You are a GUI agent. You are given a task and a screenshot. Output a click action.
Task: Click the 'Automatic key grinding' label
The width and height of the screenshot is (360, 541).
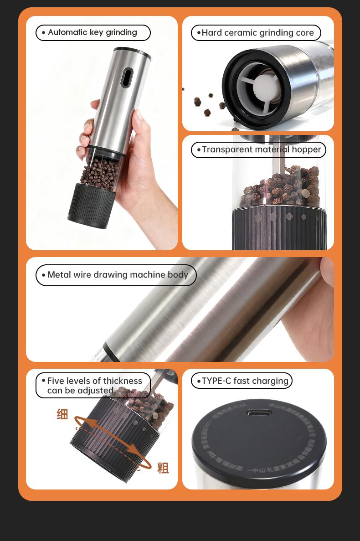coord(93,33)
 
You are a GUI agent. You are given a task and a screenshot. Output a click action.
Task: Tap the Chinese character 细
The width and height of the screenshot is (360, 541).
coord(62,414)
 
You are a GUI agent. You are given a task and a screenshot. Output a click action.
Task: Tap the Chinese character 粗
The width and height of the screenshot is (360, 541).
coord(163,468)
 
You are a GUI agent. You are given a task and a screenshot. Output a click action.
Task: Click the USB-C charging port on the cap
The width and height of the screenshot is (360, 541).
coord(259,413)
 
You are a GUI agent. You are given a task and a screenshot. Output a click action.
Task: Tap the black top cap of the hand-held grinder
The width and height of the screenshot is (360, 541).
coord(132,51)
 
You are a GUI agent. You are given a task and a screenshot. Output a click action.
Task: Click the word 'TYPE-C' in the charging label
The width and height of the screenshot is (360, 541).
coord(216,381)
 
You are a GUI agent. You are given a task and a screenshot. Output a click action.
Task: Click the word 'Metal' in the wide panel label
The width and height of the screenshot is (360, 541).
coord(59,275)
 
